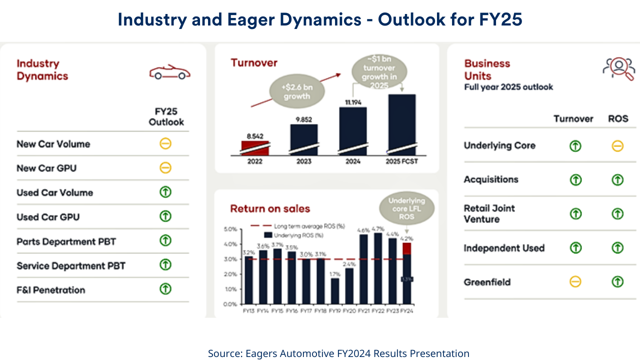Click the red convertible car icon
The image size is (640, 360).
coord(170,73)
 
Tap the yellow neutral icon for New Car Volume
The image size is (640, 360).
coord(165,144)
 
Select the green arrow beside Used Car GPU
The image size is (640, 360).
coord(165,216)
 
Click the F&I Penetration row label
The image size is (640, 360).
coord(51,290)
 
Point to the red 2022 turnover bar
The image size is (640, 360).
coord(255,148)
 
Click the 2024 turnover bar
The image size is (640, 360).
coord(353,131)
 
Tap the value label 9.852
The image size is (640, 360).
coord(303,118)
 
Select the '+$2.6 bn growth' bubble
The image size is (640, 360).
coord(296,91)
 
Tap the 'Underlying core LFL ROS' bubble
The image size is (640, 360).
coord(406,208)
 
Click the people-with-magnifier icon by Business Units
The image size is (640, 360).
coord(618,69)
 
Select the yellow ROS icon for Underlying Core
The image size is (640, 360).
coord(617,146)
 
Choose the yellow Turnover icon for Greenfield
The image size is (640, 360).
coord(575,282)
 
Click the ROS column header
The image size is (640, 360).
coord(618,118)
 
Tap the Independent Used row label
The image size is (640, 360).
coord(504,248)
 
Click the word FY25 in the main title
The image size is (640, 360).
coord(500,19)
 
